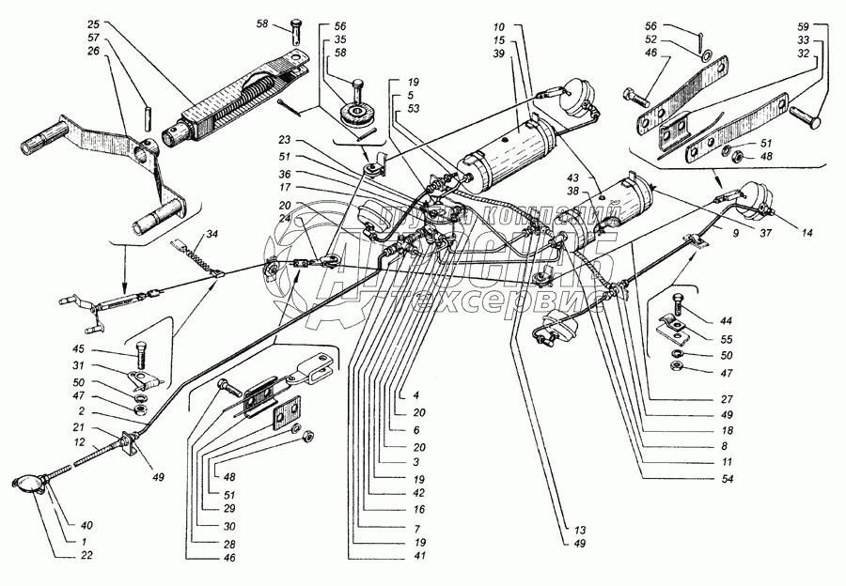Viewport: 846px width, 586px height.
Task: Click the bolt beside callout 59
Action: point(804,115)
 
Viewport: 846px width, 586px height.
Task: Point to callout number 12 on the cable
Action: point(81,441)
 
